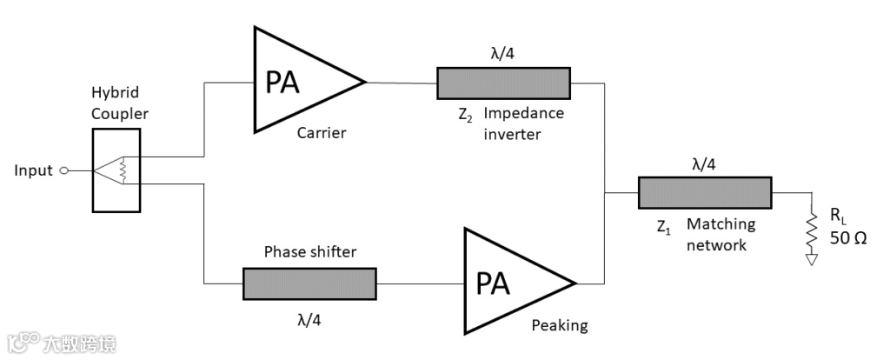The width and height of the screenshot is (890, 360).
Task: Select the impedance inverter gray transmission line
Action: [503, 83]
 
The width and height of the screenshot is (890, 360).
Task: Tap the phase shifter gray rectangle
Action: [309, 283]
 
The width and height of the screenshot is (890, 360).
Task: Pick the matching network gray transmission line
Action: [705, 192]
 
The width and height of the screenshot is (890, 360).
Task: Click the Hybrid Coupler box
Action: [115, 170]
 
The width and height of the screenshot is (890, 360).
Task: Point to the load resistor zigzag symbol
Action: [812, 230]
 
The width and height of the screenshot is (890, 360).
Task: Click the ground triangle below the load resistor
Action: [812, 258]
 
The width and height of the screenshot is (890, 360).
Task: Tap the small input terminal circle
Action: [63, 171]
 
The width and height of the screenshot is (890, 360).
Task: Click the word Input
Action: [33, 170]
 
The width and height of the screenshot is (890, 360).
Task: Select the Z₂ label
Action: [465, 114]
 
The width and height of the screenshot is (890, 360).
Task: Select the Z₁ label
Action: [664, 229]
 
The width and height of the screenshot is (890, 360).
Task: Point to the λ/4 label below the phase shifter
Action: [309, 318]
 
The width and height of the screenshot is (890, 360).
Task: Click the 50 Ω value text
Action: [847, 237]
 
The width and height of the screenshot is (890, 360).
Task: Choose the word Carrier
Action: [322, 133]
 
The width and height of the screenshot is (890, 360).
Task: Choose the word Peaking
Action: [560, 325]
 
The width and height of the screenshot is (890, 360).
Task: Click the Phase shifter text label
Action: [309, 252]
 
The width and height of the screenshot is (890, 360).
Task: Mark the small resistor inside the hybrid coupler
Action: [125, 170]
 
